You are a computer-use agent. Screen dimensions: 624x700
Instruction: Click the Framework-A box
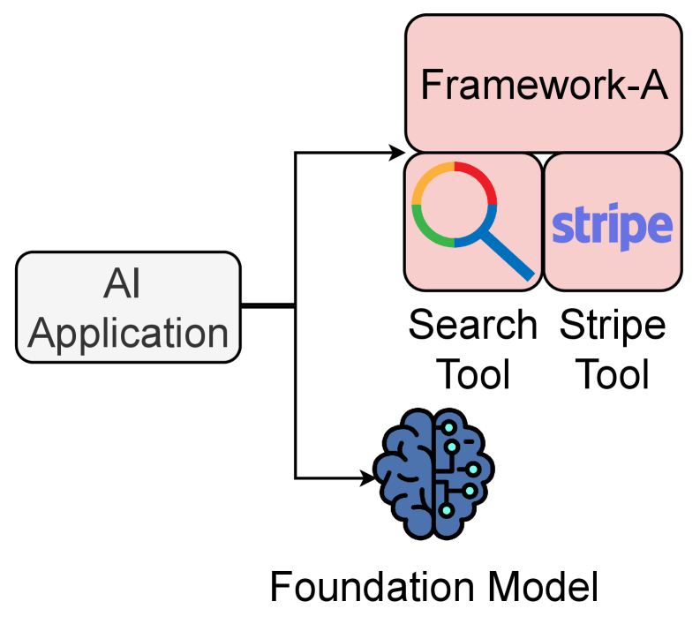(543, 85)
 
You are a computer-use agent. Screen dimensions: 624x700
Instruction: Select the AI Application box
(129, 307)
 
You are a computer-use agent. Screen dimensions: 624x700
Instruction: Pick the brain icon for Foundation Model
(433, 477)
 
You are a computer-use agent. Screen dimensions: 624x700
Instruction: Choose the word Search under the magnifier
(472, 326)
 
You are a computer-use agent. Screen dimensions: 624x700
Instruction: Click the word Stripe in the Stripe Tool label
(612, 326)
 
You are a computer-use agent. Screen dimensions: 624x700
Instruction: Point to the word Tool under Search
(473, 373)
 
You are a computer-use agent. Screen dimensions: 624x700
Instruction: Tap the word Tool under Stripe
(612, 373)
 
